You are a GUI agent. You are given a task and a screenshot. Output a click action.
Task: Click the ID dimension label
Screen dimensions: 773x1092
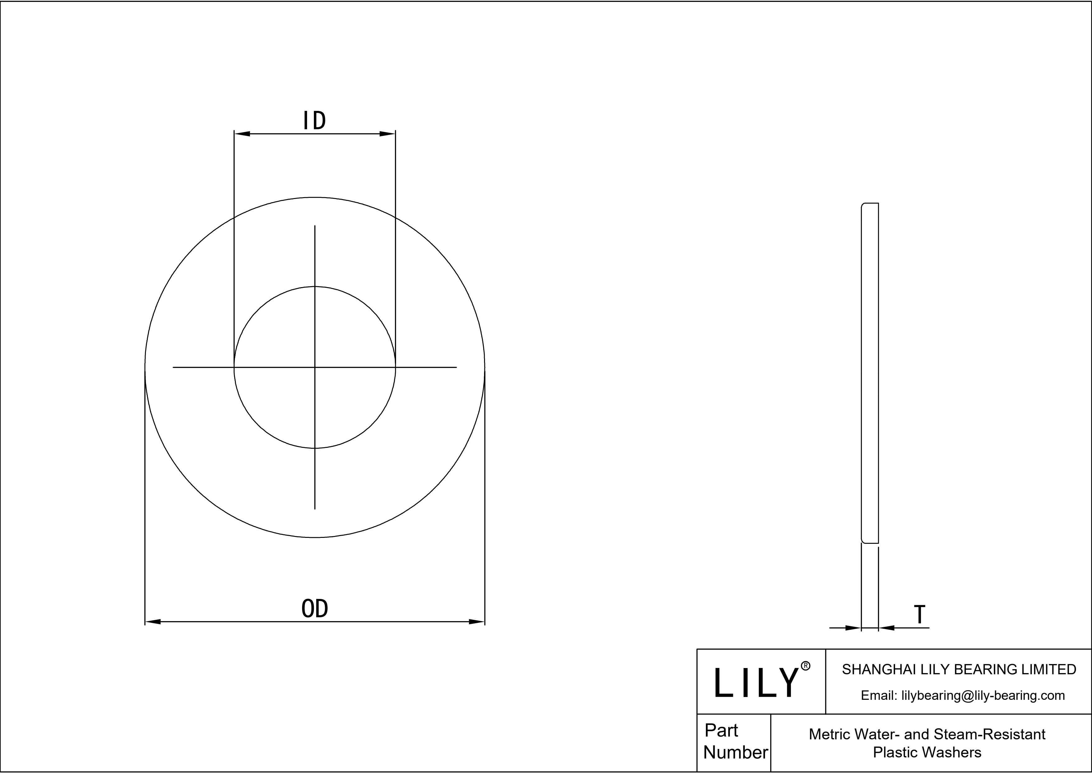point(315,121)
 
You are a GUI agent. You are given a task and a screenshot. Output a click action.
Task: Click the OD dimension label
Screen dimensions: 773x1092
point(315,609)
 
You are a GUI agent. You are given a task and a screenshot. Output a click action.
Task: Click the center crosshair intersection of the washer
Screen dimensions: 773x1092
point(315,368)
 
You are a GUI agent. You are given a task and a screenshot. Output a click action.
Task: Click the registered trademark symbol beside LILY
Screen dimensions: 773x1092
point(806,666)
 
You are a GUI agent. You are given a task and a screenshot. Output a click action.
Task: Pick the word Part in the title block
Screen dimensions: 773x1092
point(721,730)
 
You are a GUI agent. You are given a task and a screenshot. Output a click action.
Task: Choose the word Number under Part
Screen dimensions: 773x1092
point(735,752)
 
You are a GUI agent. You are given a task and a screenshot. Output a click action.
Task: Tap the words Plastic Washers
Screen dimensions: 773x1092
point(927,752)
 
